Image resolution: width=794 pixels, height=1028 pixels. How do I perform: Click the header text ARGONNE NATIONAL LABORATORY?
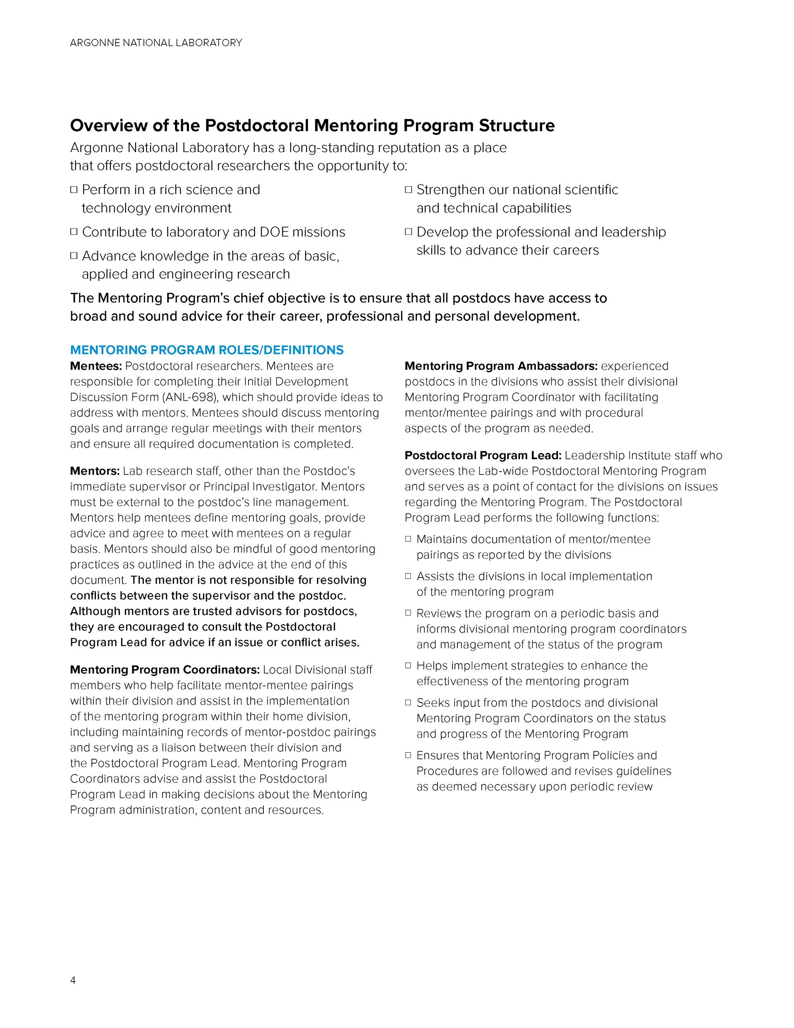pos(156,43)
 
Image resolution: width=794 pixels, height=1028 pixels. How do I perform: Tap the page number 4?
pos(73,980)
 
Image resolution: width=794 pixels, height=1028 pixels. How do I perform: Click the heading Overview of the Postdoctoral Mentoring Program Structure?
pos(312,126)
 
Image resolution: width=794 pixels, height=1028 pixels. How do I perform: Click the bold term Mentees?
pos(96,366)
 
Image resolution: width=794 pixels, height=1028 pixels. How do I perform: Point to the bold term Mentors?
pos(95,471)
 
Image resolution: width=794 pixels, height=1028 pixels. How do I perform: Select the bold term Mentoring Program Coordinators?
pos(165,669)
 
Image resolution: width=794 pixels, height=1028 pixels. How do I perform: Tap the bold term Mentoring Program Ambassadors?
pos(501,366)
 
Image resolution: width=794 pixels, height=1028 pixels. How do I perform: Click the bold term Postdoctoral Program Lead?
pos(483,455)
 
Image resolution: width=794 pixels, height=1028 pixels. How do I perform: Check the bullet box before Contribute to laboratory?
pos(74,232)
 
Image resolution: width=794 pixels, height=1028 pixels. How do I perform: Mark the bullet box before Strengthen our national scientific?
pos(409,189)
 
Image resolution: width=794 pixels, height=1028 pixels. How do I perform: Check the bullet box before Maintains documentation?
pos(408,539)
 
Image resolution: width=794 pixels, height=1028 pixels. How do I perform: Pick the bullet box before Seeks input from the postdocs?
pos(408,702)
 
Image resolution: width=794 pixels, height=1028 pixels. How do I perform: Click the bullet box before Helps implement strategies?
pos(408,665)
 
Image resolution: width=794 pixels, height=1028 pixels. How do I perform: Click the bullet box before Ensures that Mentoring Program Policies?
pos(408,755)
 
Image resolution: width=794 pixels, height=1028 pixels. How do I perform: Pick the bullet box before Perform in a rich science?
pos(74,189)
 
